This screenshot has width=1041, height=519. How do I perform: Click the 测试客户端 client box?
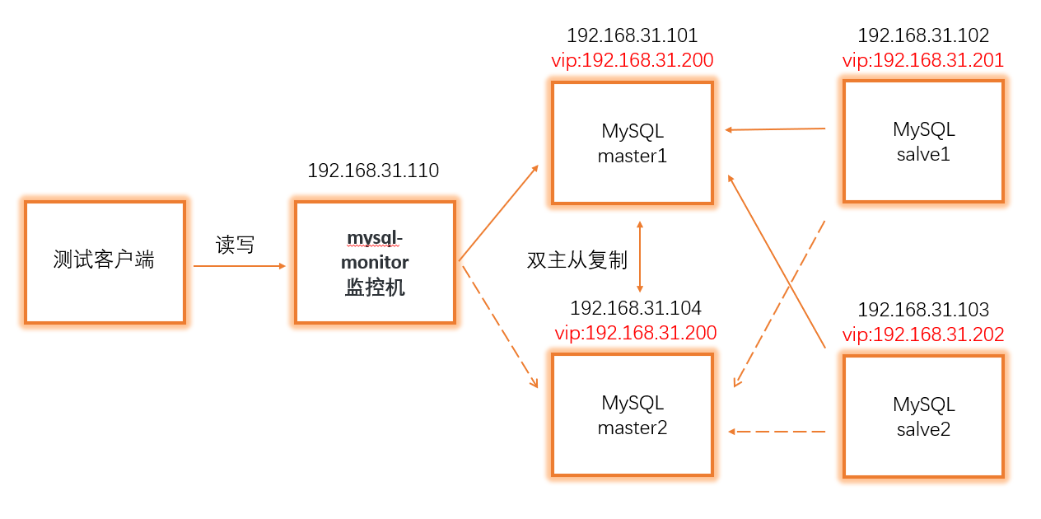coord(105,261)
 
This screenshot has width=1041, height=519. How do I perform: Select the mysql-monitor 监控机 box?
coord(375,262)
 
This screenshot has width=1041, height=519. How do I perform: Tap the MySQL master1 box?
coord(632,142)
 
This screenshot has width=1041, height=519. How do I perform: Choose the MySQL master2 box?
coord(632,414)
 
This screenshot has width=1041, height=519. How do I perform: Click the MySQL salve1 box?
coord(923,141)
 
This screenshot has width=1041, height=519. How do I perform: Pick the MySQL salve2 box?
coord(923,415)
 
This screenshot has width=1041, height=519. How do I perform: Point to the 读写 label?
coord(235,245)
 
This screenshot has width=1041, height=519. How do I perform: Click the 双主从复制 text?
coord(577,260)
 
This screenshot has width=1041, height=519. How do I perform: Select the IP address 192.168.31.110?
coord(373,171)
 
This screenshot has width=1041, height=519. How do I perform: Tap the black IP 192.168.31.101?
coord(632,35)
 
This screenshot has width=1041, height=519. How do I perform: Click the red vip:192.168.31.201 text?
coord(922,60)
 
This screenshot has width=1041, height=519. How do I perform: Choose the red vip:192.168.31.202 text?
coord(922,334)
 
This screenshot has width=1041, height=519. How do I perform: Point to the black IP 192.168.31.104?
coord(635,308)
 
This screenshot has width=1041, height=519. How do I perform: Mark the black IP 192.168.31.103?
coord(922,310)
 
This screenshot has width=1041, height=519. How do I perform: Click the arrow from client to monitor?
coord(239,266)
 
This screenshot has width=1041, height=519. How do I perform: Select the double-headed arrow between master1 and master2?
coord(640,255)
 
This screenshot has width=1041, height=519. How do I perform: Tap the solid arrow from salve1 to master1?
coord(774,129)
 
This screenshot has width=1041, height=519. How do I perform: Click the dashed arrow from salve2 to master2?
coord(777,431)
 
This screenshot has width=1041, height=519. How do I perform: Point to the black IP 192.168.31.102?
coord(922,35)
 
